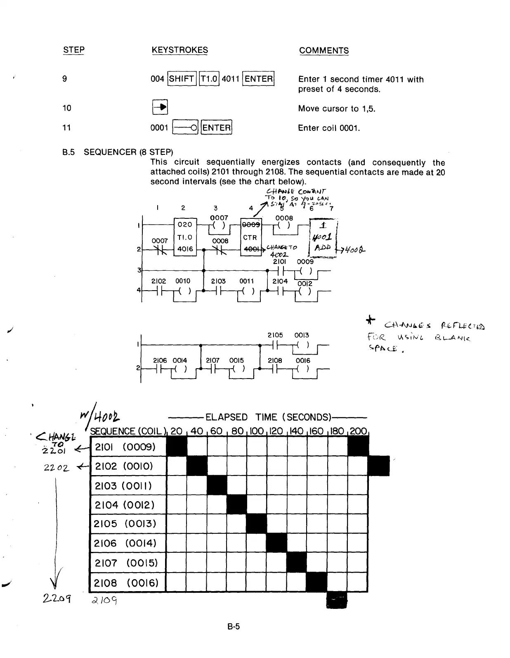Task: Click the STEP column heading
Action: (x=73, y=50)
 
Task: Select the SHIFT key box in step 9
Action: (x=182, y=78)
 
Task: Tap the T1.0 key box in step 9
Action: (x=209, y=78)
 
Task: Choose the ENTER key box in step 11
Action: (x=217, y=128)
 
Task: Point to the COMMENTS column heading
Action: (x=324, y=50)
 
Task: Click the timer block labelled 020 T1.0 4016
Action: (x=185, y=237)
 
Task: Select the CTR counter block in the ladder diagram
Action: (x=251, y=237)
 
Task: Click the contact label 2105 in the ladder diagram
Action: (x=275, y=335)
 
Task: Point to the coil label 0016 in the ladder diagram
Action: (x=302, y=360)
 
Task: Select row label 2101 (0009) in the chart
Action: (x=125, y=447)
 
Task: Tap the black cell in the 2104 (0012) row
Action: (x=236, y=505)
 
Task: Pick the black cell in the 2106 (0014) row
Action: (x=276, y=543)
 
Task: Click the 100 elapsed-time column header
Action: (x=257, y=431)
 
